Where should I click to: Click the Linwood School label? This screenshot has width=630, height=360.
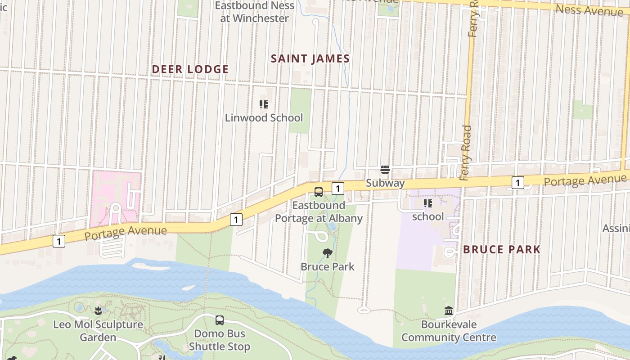(264, 118)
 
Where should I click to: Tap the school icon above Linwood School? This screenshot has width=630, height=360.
(264, 104)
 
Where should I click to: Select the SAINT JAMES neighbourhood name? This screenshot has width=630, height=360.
(310, 58)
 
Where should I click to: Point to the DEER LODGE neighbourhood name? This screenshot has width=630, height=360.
(190, 69)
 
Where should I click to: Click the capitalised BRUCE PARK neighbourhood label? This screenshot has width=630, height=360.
(502, 249)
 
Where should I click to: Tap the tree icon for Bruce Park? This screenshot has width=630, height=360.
(328, 253)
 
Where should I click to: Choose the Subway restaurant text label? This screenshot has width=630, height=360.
(385, 183)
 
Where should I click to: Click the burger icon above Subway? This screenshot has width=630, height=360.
(385, 170)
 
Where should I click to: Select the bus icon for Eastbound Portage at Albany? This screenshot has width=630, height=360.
(319, 192)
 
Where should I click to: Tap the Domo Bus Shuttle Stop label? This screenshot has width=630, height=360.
(220, 340)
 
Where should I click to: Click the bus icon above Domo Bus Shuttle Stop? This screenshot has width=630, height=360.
(220, 320)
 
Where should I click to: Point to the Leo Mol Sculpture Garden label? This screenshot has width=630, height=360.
(98, 330)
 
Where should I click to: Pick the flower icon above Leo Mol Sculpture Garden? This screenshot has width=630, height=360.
(98, 310)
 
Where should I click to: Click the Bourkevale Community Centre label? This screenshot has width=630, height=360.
(449, 331)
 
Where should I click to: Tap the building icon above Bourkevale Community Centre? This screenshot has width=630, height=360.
(449, 310)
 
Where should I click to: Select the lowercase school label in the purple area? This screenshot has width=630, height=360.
(428, 216)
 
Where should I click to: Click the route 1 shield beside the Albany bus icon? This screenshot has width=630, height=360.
(338, 189)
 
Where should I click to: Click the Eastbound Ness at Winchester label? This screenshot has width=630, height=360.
(255, 12)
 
